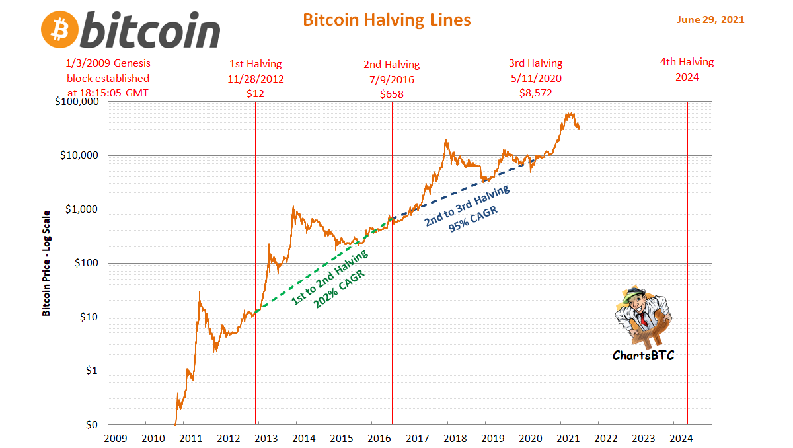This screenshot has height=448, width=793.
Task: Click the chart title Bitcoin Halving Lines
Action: [387, 20]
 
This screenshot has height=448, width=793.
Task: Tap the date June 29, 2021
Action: [710, 20]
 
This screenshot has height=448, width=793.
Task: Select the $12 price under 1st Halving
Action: [255, 94]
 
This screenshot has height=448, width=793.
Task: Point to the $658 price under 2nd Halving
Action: [391, 94]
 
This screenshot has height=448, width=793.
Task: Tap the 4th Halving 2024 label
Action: [687, 69]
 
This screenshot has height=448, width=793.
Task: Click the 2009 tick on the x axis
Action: [116, 437]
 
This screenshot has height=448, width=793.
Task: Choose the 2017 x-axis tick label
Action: [418, 437]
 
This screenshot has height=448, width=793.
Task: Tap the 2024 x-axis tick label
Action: [681, 437]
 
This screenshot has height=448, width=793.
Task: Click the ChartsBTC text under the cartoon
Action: [643, 355]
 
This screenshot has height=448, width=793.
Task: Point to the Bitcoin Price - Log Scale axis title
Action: [46, 263]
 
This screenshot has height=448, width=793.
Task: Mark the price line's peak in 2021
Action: [570, 113]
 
